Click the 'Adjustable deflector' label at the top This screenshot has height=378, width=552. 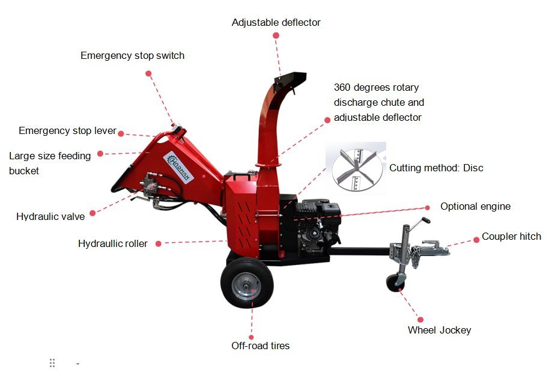(276, 23)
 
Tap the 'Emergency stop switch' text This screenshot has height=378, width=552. (132, 56)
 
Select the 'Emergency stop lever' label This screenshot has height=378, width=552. (67, 130)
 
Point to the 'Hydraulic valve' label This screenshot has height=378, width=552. (50, 217)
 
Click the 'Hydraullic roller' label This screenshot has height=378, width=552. (113, 243)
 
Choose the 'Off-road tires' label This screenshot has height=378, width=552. (261, 346)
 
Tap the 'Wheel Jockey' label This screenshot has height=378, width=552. (439, 330)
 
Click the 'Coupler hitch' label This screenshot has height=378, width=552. (511, 236)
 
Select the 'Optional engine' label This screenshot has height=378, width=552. (475, 207)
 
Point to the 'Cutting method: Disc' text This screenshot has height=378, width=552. (436, 168)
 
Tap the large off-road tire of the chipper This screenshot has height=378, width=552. (247, 283)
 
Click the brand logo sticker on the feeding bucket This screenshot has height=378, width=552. (178, 168)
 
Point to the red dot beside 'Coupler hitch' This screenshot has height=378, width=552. (476, 240)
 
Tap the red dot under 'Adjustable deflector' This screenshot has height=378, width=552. (276, 35)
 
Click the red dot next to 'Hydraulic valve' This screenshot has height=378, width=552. (93, 213)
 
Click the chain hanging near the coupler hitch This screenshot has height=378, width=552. (416, 257)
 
